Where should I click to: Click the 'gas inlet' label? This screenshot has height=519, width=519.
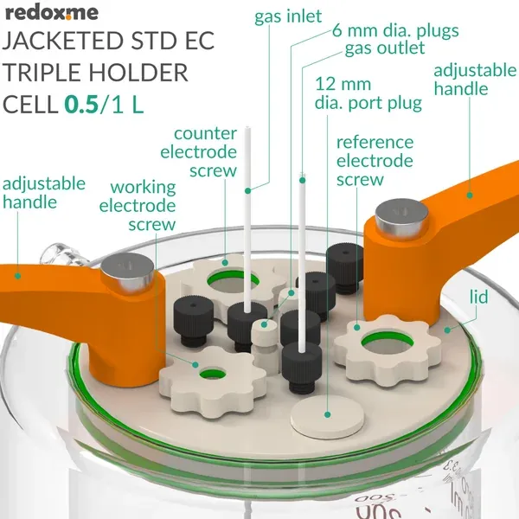pyautogui.click(x=288, y=16)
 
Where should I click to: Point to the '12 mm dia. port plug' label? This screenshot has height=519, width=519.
pyautogui.click(x=368, y=94)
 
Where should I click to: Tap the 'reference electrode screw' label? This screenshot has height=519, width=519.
pyautogui.click(x=375, y=161)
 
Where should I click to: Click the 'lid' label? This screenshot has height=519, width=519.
pyautogui.click(x=477, y=297)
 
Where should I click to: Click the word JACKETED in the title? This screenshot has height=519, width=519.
pyautogui.click(x=63, y=42)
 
